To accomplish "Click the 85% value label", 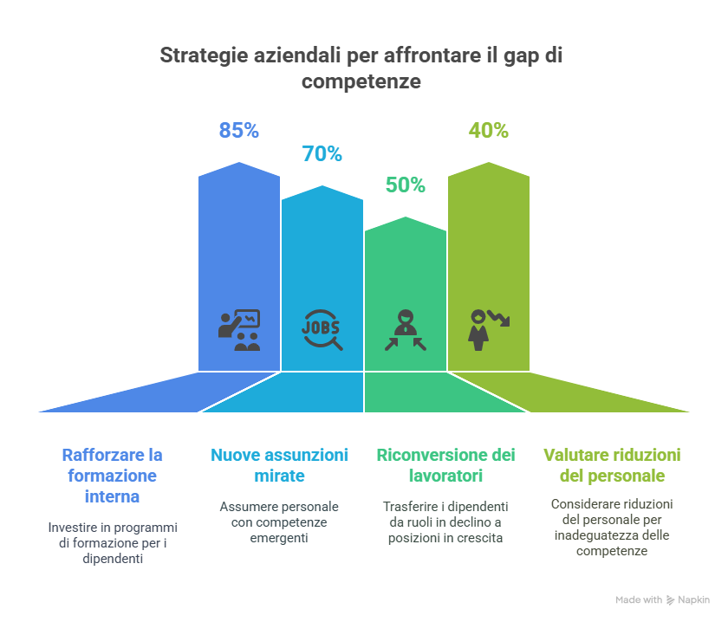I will coord(239,131).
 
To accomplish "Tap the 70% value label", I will coord(322,154).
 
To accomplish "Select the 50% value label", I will coord(405,185).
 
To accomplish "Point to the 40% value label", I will coord(488,131).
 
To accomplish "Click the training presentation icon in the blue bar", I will coord(239,329).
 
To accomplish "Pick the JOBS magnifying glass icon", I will coord(322,329).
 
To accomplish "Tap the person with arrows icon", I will coord(405,330).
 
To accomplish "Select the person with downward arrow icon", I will coord(488,329).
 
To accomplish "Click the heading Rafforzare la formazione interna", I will coord(112,476).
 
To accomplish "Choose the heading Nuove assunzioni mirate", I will coord(279,465).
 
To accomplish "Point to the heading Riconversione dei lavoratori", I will coord(445,465).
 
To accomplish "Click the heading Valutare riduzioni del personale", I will coord(612,465).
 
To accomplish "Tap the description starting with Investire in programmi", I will coord(113,542).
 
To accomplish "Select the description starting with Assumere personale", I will coord(279,522).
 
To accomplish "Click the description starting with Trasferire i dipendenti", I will coord(445,522).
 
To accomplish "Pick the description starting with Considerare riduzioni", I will coord(612,527).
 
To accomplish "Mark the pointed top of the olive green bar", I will coord(489,162).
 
